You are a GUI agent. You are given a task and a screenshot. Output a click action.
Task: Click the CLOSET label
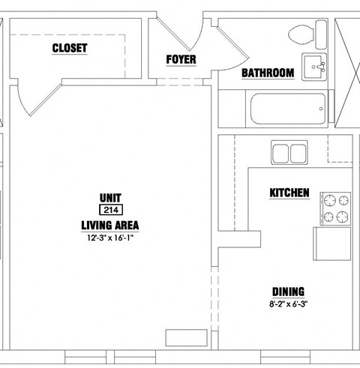pos(70,48)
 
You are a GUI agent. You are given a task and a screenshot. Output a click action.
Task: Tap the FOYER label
pos(181,59)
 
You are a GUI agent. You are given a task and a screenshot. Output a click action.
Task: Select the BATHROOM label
pos(268,73)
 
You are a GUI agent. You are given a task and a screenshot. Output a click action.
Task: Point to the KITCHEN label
pos(289,193)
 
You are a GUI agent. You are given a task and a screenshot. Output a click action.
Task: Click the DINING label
pos(288,292)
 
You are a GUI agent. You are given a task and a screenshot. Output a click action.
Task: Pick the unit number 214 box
pos(111,210)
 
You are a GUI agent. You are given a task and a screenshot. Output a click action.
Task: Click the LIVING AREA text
pos(110,226)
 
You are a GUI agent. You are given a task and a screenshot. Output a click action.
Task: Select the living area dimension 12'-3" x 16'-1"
pos(110,238)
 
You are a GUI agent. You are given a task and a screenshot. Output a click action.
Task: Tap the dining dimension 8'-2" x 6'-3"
pos(288,304)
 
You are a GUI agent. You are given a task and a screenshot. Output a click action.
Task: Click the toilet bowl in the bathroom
pos(301,34)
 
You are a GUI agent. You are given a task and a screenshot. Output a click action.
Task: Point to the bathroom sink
pos(314,67)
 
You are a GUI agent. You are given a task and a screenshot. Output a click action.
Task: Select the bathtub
pos(288,109)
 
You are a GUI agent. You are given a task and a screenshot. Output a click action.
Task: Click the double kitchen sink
pos(289,152)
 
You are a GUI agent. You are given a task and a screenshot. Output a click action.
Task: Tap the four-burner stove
pos(335,208)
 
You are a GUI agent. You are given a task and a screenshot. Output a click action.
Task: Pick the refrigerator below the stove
pos(332,244)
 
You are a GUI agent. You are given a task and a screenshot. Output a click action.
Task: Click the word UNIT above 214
pos(110,198)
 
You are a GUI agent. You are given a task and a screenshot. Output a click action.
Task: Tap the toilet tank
pos(321,34)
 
